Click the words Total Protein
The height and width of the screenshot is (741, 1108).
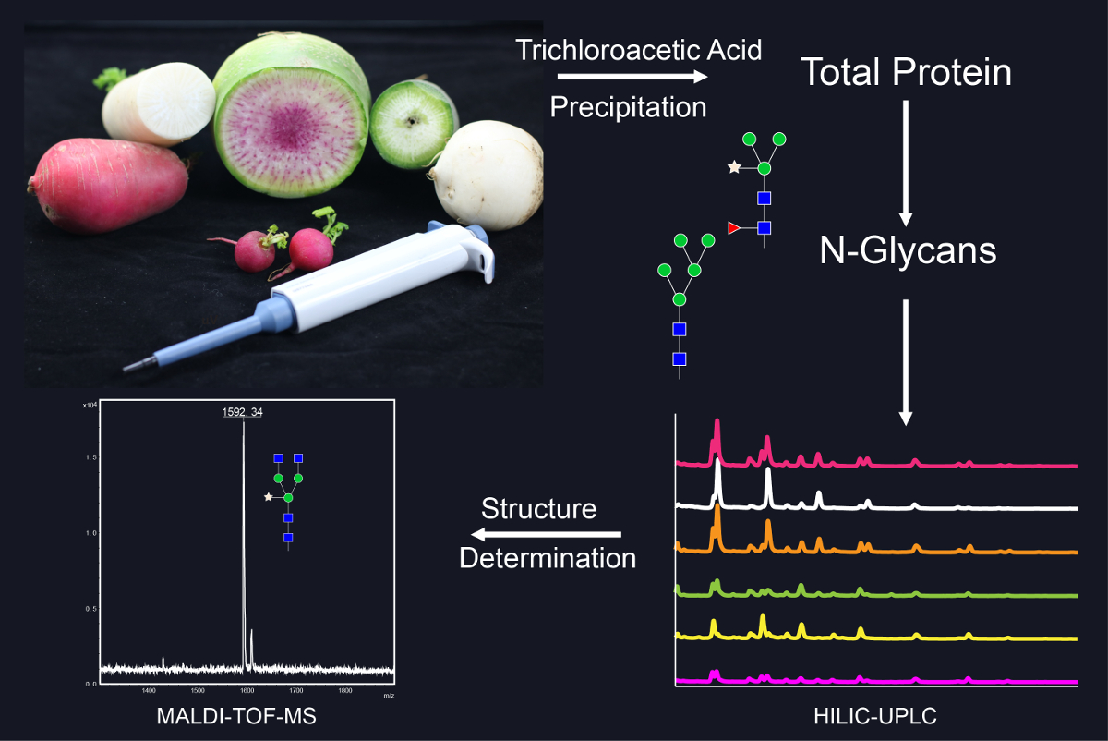click(x=905, y=72)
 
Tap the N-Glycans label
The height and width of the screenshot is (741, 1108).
click(x=908, y=250)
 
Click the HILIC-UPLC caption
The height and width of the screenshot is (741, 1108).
click(x=883, y=717)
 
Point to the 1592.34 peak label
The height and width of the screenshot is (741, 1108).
click(x=242, y=411)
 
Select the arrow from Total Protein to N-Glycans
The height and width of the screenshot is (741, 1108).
click(x=906, y=162)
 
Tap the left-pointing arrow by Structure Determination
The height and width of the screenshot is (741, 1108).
click(x=545, y=534)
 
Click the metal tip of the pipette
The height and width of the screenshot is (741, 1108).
click(x=135, y=367)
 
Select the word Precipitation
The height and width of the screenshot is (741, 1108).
click(x=628, y=107)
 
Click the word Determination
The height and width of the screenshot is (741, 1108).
click(x=548, y=558)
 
